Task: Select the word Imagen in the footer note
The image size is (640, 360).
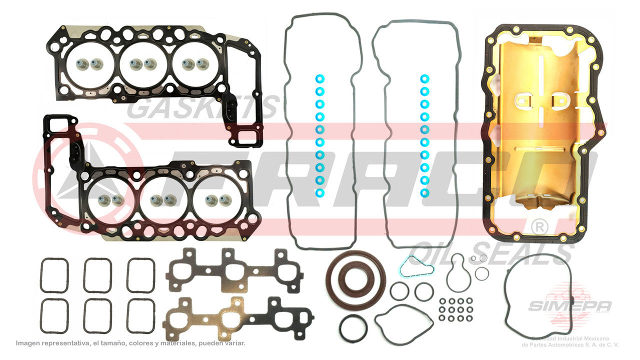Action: point(29,343)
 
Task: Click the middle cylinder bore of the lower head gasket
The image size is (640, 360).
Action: point(162,201)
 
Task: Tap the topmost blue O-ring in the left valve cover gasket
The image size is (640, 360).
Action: point(320,78)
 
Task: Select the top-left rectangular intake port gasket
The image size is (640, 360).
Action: point(54,275)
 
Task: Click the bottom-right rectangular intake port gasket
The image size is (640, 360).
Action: point(140,316)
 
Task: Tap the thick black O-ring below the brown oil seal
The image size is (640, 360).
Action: point(353,328)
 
